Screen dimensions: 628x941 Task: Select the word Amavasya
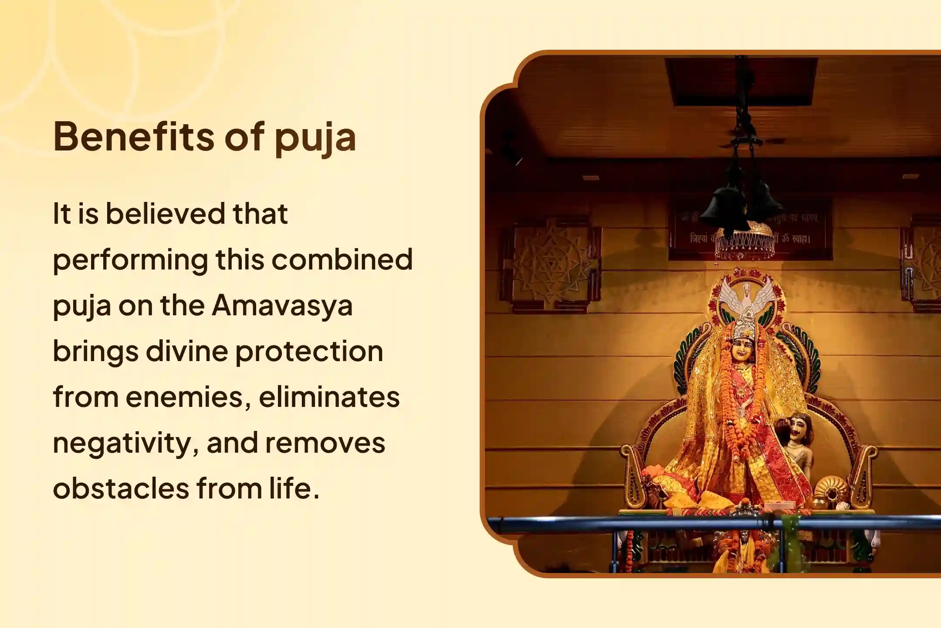coord(282,305)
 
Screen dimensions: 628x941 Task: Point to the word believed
coord(164,214)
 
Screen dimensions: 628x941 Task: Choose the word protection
coord(309,352)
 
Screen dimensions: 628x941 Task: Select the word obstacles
coord(121,488)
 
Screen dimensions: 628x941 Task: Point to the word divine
coord(186,351)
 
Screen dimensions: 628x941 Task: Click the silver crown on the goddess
coord(746,329)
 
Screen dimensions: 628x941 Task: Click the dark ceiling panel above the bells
coord(741,81)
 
